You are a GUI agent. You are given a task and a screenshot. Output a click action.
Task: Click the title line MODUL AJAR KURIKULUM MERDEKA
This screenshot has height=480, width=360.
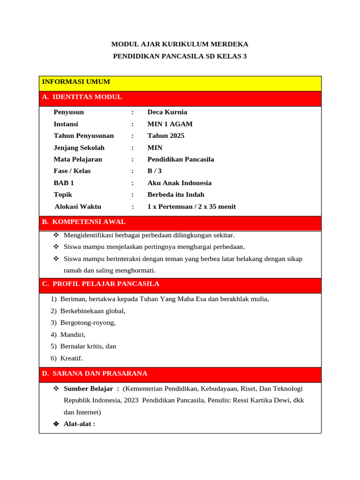coord(180,45)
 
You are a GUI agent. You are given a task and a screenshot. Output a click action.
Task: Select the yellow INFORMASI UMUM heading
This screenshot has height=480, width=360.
coord(76,82)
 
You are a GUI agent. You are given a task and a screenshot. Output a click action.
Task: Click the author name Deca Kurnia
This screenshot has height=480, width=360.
coord(167,112)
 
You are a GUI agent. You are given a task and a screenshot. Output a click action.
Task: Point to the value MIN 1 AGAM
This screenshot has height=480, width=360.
coord(170,124)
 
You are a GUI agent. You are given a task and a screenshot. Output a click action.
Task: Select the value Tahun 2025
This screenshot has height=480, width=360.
coord(166,136)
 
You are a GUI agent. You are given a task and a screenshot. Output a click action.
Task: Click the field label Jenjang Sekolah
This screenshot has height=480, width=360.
coord(79,148)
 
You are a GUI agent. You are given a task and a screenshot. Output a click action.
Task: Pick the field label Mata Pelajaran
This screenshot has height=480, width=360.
coord(78,159)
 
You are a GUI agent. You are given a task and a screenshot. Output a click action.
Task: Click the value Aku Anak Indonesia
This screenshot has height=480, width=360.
coord(179,183)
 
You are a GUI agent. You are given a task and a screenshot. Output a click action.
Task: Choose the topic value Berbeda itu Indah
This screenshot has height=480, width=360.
coord(176,195)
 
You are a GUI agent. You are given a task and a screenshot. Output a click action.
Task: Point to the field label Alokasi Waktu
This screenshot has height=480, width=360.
coord(78,207)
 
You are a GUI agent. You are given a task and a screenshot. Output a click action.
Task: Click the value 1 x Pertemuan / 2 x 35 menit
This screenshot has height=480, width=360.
coord(191,207)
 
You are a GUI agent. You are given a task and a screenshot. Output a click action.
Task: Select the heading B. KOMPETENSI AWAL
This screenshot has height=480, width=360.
coord(84,222)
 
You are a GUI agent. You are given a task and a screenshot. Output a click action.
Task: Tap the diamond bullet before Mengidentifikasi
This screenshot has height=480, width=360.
coord(56,235)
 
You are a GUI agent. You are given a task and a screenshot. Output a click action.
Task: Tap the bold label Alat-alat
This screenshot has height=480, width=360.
coord(79,424)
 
